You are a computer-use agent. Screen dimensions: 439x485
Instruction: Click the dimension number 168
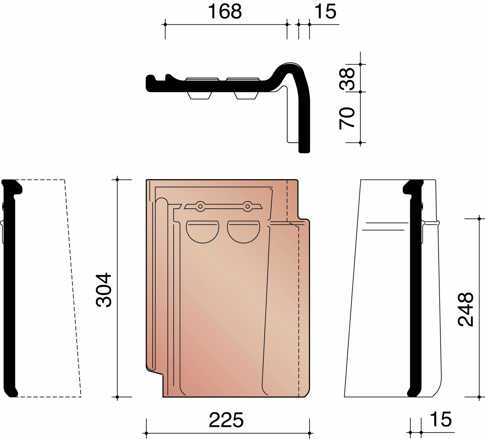coord(225,12)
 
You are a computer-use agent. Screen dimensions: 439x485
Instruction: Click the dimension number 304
coord(104,290)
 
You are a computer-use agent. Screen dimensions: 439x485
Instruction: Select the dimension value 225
coord(226,420)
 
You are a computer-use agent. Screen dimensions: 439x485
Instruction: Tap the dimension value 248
coord(466,309)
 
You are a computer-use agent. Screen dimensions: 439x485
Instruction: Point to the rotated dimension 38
coord(347,79)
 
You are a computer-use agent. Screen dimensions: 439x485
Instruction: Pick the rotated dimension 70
coord(347,118)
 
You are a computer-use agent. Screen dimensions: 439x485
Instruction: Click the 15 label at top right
coord(325,12)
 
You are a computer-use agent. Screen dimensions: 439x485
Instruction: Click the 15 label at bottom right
coord(441,419)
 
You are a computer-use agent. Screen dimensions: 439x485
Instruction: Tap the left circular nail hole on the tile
coord(201,207)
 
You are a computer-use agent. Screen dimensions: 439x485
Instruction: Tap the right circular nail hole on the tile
coord(248,207)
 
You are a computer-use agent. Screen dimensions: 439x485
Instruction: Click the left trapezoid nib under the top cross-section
coord(199,96)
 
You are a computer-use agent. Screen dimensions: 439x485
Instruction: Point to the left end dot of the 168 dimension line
coord(165,25)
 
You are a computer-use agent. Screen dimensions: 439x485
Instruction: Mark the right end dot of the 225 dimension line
coord(309,433)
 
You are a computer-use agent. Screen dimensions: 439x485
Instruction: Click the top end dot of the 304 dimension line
coord(117,180)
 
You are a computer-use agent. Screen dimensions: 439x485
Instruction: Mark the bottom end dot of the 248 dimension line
coord(479,397)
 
